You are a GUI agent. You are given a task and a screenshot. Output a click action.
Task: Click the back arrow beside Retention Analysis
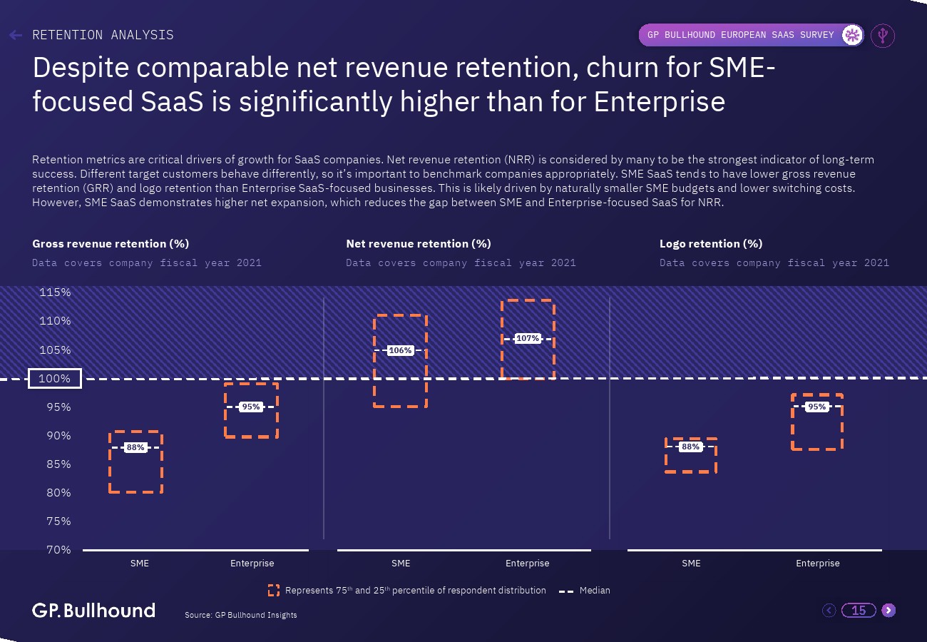coord(16,35)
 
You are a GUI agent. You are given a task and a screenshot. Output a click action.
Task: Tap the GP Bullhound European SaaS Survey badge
coord(750,35)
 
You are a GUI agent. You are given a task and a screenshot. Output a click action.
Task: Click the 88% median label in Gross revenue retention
coord(135,448)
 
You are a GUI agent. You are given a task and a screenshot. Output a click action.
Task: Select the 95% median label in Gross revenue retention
coord(251,407)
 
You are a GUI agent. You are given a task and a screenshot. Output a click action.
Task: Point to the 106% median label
coord(400,350)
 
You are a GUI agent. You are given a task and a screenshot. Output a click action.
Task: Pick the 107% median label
coord(528,338)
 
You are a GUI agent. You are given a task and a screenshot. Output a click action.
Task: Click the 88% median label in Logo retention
coord(690,447)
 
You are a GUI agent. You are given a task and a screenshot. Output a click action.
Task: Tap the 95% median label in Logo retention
coord(816,407)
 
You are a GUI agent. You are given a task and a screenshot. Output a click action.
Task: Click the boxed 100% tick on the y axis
coord(55,379)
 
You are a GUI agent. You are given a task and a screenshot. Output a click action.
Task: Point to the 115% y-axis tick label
coord(55,292)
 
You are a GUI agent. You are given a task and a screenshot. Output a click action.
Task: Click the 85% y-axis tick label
coord(55,464)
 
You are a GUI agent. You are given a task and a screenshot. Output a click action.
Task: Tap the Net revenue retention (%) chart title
coord(419,244)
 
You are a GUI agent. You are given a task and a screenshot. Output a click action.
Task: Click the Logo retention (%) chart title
coord(711,244)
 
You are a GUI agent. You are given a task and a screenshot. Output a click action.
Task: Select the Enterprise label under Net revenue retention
coord(528,564)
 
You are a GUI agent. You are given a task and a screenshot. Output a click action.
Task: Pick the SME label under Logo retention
coord(691,564)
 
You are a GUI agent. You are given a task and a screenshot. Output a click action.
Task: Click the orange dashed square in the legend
coord(274,591)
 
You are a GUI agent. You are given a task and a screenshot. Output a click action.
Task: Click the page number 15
coord(859,610)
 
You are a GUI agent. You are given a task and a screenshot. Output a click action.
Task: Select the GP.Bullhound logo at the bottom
coord(93,611)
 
